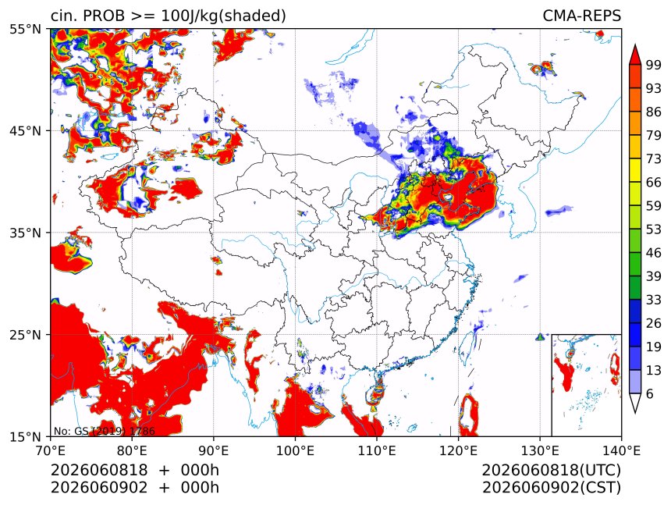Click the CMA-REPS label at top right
tap(581, 16)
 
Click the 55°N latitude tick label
tap(26, 29)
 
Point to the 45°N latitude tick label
tap(26, 130)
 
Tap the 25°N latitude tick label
tap(26, 334)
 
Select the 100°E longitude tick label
tap(295, 450)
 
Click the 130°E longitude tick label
tap(540, 450)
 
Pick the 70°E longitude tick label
tap(51, 450)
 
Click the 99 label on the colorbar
tap(654, 65)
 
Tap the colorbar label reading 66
tap(654, 183)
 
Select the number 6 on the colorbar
tap(650, 393)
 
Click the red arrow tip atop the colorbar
tap(635, 44)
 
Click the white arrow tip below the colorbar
tap(635, 413)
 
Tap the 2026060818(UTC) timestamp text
tap(551, 470)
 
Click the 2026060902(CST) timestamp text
tap(551, 487)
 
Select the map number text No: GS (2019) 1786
tap(104, 431)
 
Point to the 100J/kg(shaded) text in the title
tap(223, 16)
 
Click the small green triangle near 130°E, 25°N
tap(540, 337)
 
